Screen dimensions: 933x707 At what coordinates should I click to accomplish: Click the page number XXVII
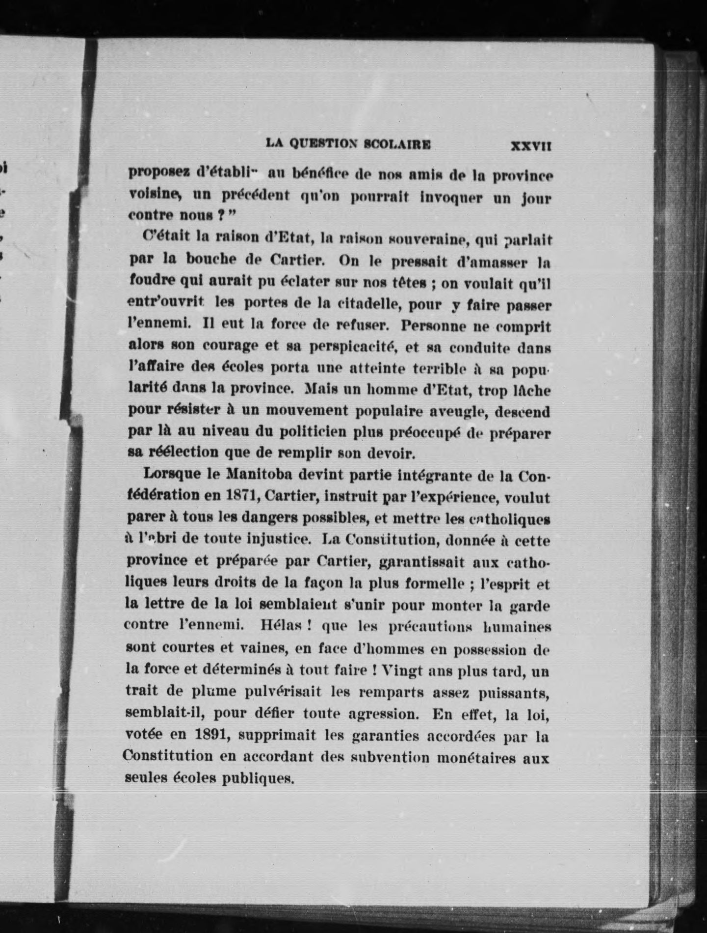coord(531,146)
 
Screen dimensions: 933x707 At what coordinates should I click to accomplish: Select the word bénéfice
coord(320,173)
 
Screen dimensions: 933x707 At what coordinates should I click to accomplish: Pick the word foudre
coord(152,280)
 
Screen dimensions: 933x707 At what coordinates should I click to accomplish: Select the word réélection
coord(173,452)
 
